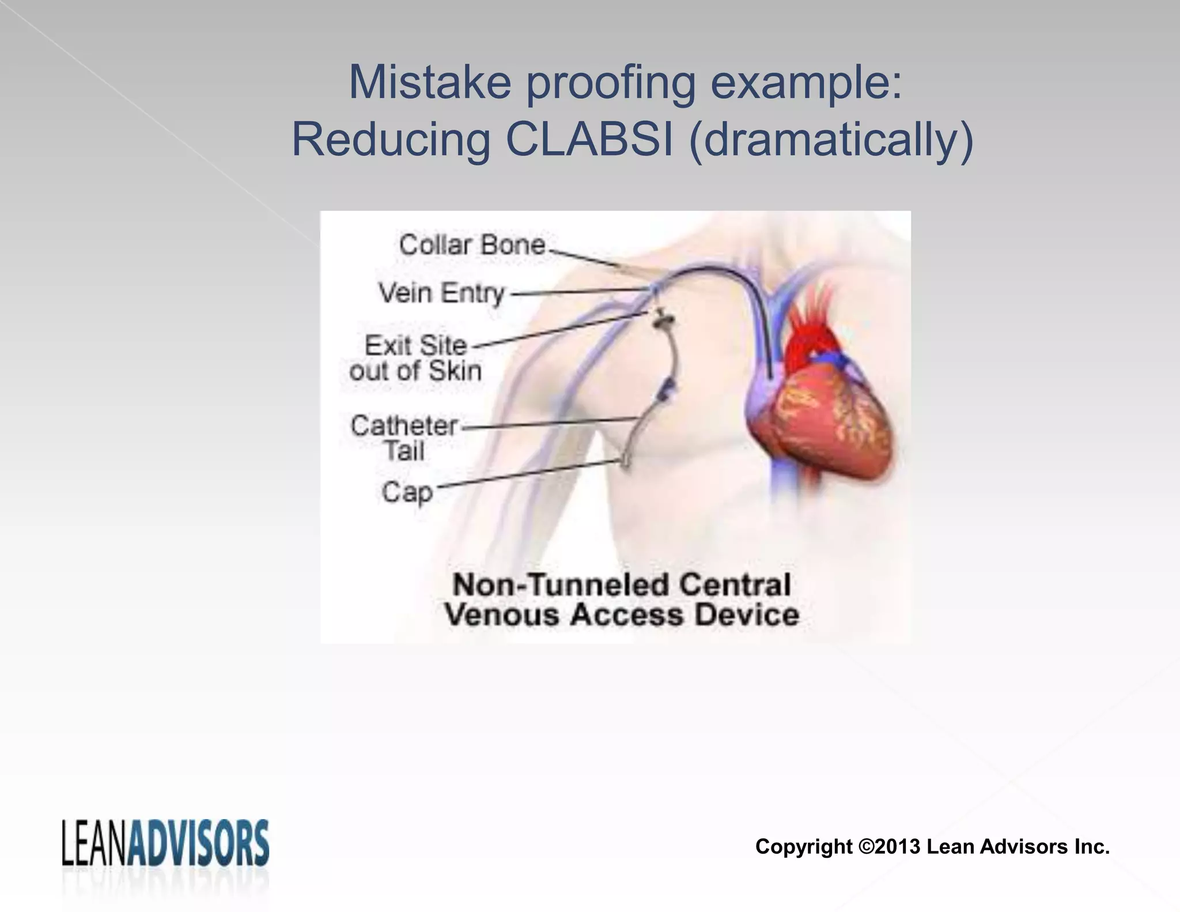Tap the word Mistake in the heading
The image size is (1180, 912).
[x=429, y=82]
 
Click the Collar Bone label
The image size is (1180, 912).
[x=471, y=245]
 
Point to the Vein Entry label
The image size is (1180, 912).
[x=441, y=293]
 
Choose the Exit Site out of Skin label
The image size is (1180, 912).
[x=415, y=358]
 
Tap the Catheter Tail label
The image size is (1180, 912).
[x=404, y=438]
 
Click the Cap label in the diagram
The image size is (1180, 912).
[x=407, y=492]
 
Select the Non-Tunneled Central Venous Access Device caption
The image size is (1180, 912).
[x=621, y=600]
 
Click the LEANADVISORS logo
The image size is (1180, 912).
[x=165, y=843]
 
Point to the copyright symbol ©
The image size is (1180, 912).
[x=866, y=847]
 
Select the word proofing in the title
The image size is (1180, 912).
[x=611, y=82]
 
